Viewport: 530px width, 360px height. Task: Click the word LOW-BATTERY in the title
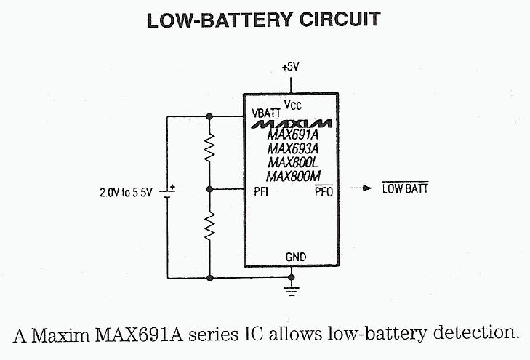click(213, 20)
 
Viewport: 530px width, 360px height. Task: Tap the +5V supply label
click(290, 67)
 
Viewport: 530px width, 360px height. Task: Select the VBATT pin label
click(266, 113)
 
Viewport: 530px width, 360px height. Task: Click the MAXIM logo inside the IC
click(292, 124)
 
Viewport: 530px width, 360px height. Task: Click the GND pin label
click(296, 257)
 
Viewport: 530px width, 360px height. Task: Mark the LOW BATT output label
click(405, 189)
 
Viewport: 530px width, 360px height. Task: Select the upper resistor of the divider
click(210, 151)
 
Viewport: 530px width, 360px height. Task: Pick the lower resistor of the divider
click(210, 227)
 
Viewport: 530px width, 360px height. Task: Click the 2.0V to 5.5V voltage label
click(127, 193)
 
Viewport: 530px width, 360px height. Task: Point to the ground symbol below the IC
click(292, 289)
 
